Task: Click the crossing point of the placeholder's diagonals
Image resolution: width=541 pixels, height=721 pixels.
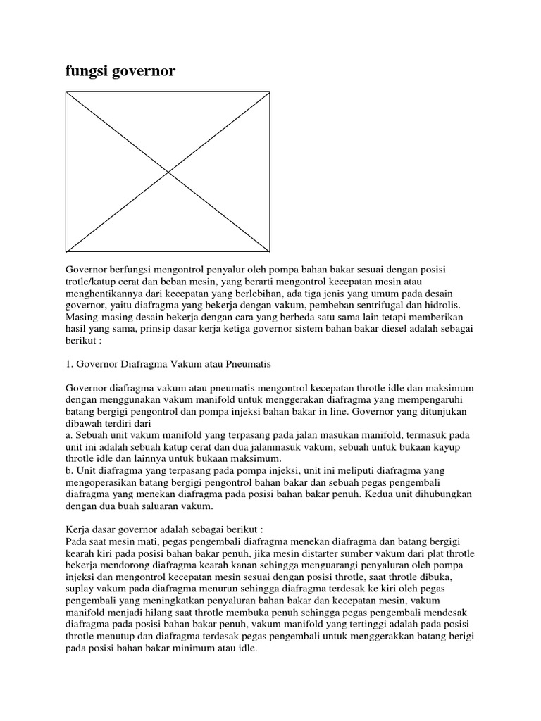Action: [x=168, y=171]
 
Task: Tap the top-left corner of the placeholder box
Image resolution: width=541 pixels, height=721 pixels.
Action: [x=66, y=92]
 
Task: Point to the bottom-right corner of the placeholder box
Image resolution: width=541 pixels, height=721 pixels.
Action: [x=270, y=251]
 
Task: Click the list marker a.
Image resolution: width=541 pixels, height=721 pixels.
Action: [x=69, y=434]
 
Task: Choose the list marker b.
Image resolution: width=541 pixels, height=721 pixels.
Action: [x=69, y=470]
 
